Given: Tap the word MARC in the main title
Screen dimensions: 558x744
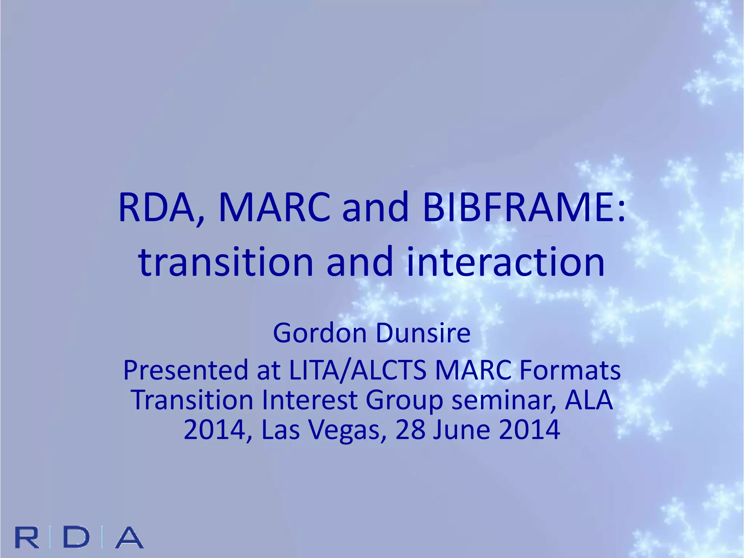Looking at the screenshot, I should click(274, 208).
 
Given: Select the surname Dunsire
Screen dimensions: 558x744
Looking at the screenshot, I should click(423, 333).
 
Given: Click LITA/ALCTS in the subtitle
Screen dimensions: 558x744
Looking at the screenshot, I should click(357, 370).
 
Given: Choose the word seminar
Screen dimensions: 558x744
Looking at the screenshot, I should click(503, 401).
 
